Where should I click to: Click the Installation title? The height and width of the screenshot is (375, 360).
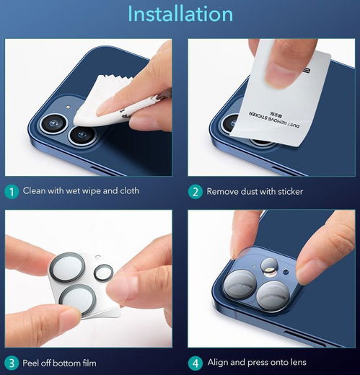pos(180,14)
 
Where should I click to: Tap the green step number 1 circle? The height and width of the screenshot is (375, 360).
pos(12,192)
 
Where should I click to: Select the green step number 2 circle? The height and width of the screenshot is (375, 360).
pos(195,192)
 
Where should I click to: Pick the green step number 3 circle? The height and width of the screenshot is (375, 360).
pos(12,363)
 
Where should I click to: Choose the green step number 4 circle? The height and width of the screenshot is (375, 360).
pos(195,363)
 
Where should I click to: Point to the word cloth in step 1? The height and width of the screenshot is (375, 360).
pos(128,192)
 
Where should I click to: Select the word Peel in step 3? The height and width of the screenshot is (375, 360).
pos(33,363)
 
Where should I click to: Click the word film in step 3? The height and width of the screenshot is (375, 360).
pos(86,363)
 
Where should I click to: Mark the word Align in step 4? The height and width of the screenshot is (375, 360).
pos(219,363)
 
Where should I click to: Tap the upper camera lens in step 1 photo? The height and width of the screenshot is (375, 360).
pos(53,125)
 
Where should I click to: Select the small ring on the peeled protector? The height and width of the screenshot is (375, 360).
pos(104,273)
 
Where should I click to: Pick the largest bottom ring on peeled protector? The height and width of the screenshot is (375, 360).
pos(79,299)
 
